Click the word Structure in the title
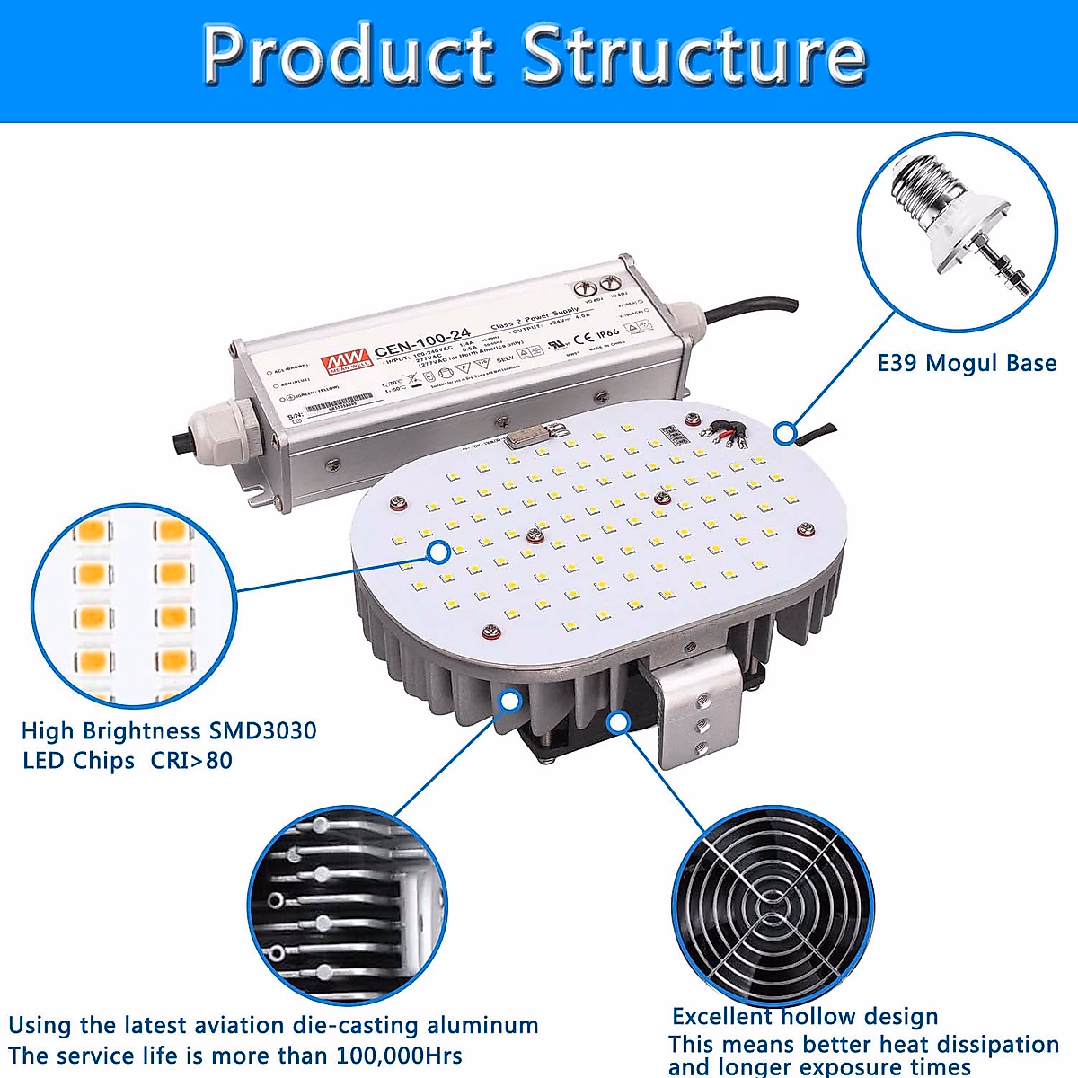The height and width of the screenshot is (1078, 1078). pos(694,56)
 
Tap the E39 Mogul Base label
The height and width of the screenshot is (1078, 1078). pos(967,364)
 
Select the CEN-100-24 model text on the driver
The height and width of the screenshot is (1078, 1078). pos(422,343)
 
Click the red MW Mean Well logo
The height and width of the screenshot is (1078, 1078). pos(346,357)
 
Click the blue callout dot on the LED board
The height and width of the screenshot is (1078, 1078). pos(438,552)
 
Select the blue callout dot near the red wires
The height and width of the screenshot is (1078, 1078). pos(785,433)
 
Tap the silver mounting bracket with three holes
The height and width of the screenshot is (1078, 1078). pos(696,710)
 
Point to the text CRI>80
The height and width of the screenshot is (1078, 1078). pos(191,761)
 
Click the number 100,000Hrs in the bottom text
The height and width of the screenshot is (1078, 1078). pos(399,1056)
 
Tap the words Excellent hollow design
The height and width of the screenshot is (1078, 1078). pos(805,1017)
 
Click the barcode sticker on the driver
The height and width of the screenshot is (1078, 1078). pos(338,404)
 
